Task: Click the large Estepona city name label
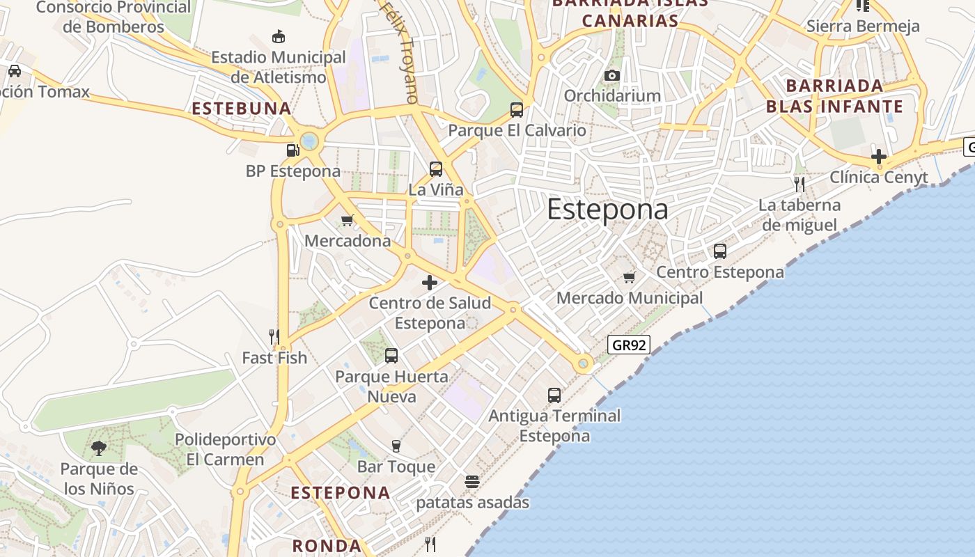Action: click(607, 209)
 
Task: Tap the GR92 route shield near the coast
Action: click(628, 344)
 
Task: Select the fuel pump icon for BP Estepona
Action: click(292, 150)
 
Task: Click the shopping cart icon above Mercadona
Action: click(348, 220)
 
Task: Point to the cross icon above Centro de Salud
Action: click(430, 282)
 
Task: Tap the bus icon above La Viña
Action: click(436, 168)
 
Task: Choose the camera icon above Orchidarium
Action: click(612, 75)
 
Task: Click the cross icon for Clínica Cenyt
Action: click(879, 156)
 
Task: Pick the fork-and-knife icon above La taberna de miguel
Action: click(799, 184)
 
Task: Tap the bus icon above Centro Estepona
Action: click(720, 251)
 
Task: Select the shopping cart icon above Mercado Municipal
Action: click(630, 277)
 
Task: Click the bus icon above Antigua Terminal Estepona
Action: click(554, 395)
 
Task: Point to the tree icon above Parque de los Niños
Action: click(99, 448)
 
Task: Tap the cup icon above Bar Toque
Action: click(396, 446)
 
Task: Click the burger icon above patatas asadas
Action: click(472, 481)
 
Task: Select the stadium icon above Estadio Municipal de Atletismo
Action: click(279, 36)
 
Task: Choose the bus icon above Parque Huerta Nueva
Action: click(391, 356)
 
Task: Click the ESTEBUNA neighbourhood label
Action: click(241, 109)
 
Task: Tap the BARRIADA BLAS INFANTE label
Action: click(834, 96)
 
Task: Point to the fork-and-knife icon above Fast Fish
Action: click(274, 337)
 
